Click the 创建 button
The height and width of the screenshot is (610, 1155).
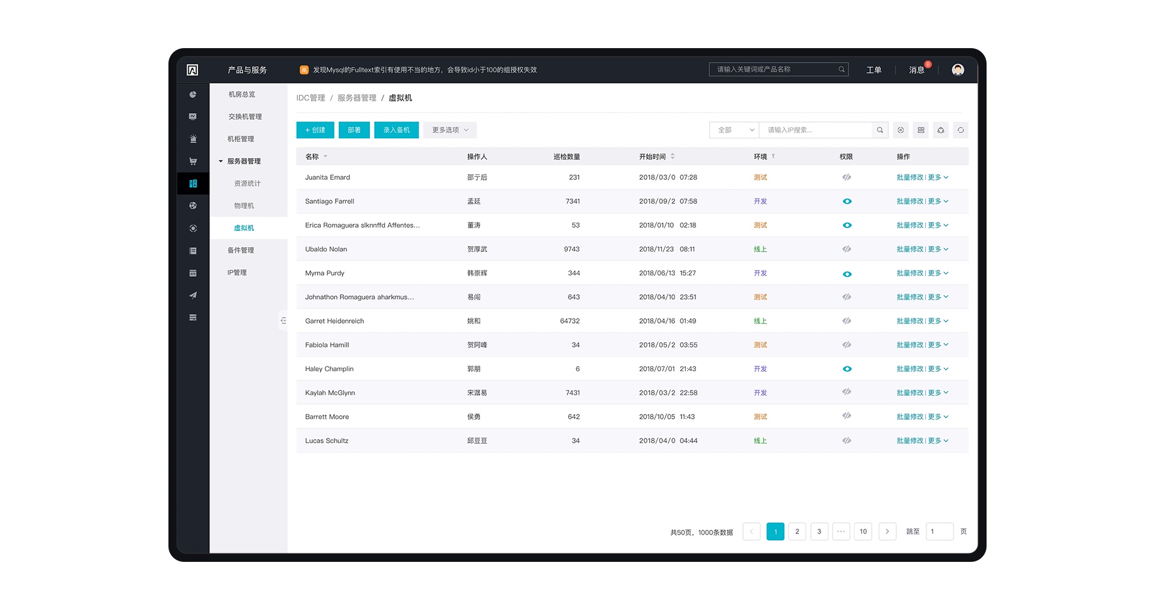coord(315,130)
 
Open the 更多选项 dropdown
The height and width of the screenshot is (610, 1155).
coord(450,130)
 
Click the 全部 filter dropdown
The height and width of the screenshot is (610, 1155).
coord(735,130)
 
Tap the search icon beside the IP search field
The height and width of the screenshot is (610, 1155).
coord(879,130)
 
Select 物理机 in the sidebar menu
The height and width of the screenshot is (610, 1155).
coord(244,206)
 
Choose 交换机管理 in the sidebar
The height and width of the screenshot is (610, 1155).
coord(245,117)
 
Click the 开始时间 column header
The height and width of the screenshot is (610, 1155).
coord(653,156)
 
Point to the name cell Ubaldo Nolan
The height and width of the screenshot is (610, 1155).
coord(326,249)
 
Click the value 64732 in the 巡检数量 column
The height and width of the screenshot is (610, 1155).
coord(570,321)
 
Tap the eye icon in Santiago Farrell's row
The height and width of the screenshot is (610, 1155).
coord(847,202)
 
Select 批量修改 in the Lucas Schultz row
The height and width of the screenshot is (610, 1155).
coord(910,441)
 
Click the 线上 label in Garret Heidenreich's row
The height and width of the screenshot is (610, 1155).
coord(760,321)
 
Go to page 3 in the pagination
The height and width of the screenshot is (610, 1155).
coord(819,532)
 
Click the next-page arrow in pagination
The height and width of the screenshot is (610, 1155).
coord(887,532)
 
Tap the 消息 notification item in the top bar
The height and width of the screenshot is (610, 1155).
coord(916,70)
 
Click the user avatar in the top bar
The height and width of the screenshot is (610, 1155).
coord(958,70)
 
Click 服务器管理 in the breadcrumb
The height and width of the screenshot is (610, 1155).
coord(357,98)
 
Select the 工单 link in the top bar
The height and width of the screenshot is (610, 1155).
coord(873,70)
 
